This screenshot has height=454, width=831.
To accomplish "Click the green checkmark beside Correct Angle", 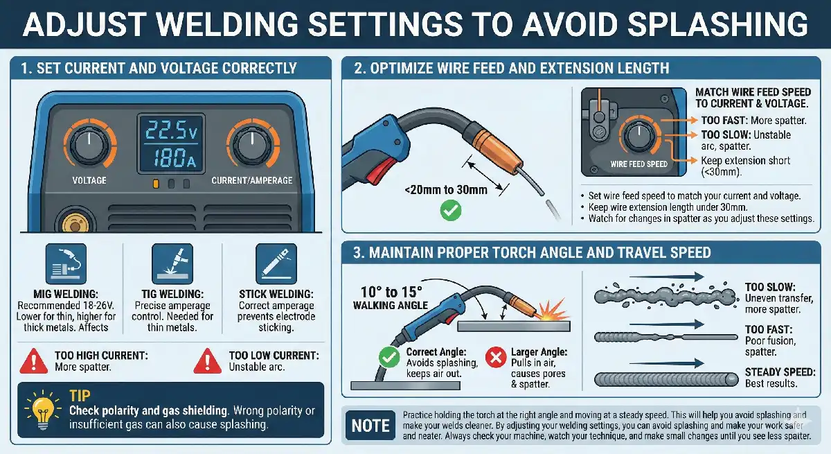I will tap(387, 357).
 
